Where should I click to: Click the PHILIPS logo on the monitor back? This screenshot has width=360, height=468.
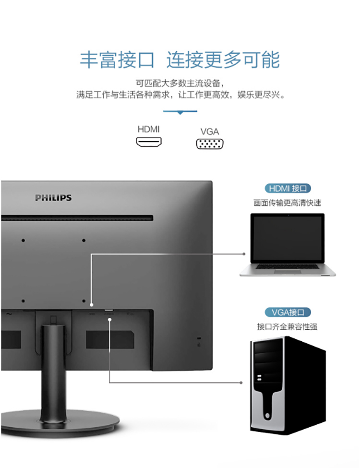pyautogui.click(x=53, y=198)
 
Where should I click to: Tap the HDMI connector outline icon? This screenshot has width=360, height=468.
pyautogui.click(x=149, y=142)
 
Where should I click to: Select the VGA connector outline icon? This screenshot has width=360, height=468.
pyautogui.click(x=210, y=144)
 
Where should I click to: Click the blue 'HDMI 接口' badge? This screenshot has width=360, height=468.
pyautogui.click(x=288, y=188)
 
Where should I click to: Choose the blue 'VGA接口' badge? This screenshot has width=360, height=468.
pyautogui.click(x=288, y=312)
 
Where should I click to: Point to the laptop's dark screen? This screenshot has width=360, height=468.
pyautogui.click(x=288, y=238)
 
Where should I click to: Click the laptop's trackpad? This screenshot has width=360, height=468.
pyautogui.click(x=288, y=272)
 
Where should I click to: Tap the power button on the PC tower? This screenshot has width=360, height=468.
pyautogui.click(x=267, y=416)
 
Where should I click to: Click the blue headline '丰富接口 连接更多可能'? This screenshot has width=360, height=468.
pyautogui.click(x=180, y=60)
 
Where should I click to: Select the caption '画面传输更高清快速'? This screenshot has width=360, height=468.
pyautogui.click(x=287, y=203)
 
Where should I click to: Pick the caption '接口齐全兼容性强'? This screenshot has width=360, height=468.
pyautogui.click(x=287, y=326)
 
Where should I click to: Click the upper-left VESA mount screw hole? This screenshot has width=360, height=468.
pyautogui.click(x=24, y=240)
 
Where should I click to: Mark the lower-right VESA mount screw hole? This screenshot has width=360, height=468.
pyautogui.click(x=84, y=301)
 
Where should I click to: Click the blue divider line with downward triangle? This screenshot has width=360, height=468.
pyautogui.click(x=180, y=112)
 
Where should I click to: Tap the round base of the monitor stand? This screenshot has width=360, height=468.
pyautogui.click(x=60, y=424)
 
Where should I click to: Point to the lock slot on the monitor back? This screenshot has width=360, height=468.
pyautogui.click(x=199, y=338)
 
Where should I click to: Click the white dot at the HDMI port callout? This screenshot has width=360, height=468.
pyautogui.click(x=92, y=305)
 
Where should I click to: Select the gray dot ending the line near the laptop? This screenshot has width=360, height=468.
pyautogui.click(x=244, y=254)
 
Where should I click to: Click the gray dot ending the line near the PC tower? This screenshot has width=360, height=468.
pyautogui.click(x=241, y=383)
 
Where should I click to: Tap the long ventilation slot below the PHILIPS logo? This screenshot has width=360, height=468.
pyautogui.click(x=77, y=218)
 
